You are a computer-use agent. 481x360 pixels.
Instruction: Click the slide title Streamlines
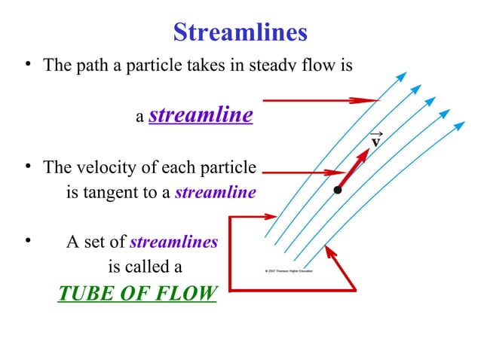240,32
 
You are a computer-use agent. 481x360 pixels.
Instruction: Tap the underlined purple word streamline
201,115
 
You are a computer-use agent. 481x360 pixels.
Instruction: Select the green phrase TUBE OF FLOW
137,292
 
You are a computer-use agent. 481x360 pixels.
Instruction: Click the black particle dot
338,190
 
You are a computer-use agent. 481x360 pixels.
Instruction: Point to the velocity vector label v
375,141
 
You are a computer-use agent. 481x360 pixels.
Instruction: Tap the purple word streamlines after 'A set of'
174,242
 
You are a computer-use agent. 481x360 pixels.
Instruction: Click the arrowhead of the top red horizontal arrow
372,100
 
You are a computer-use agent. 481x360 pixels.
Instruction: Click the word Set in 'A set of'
94,242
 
